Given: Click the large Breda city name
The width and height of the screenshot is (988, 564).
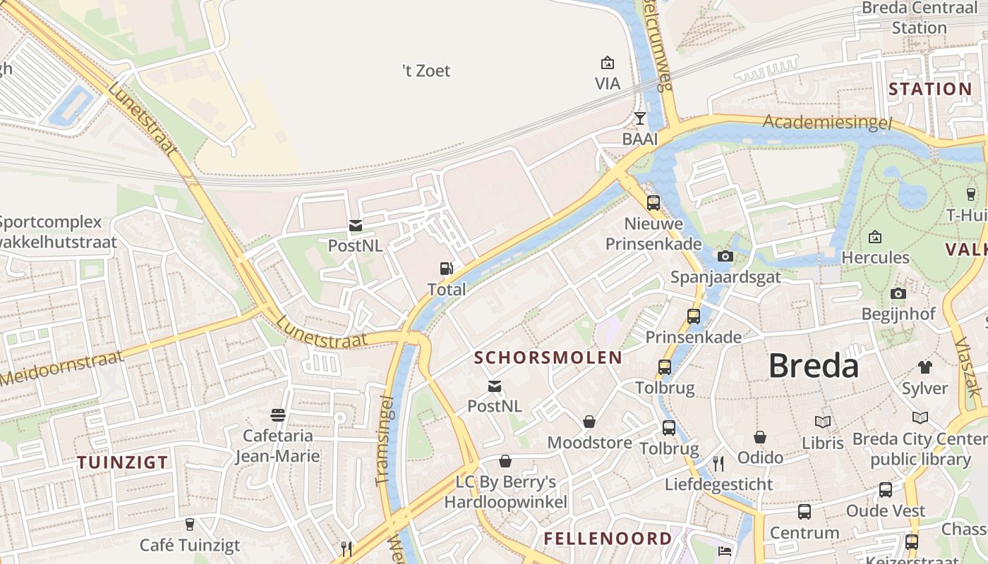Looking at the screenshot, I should click(813, 366).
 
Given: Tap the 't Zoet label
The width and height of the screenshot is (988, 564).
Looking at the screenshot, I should click(426, 70).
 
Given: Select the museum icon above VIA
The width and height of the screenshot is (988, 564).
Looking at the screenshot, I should click(607, 63).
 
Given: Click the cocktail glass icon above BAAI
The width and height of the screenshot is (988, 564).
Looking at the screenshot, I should click(639, 118).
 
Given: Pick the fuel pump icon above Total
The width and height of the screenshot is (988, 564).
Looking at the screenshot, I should click(446, 268).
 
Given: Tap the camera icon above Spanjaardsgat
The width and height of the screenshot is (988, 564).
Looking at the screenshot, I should click(725, 256).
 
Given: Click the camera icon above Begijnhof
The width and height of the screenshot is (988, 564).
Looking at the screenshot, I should click(898, 293).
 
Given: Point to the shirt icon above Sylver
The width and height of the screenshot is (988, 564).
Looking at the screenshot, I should click(924, 367).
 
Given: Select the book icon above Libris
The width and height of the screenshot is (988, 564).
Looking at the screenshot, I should click(822, 422).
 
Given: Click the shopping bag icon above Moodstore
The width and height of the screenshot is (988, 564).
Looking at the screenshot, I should click(589, 422).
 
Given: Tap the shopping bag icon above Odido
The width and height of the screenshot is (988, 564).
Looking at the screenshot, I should click(760, 437).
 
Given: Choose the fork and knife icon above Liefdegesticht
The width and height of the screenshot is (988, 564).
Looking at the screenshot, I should click(718, 463).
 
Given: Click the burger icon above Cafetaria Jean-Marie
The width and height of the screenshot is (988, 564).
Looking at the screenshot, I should click(278, 415).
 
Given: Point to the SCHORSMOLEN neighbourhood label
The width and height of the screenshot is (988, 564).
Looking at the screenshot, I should click(548, 357).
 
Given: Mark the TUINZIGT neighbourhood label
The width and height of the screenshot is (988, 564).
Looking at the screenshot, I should click(123, 462).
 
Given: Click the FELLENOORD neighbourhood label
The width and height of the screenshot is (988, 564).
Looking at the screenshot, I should click(608, 539).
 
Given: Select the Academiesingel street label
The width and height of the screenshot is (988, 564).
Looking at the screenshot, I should click(827, 122).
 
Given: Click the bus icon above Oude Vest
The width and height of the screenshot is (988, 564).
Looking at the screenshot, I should click(885, 489).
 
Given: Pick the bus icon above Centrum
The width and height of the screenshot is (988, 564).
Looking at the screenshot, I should click(804, 512).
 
